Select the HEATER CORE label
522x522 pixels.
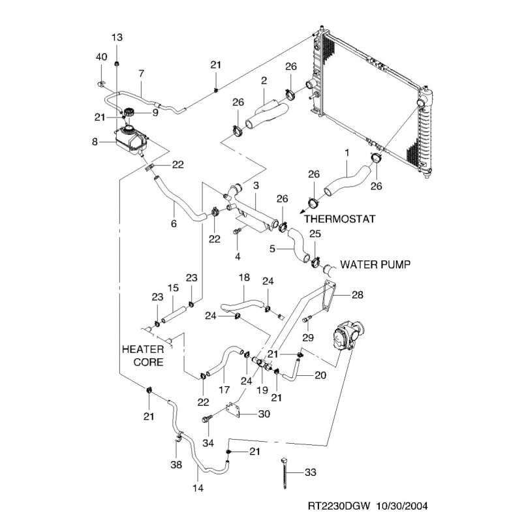point(142,355)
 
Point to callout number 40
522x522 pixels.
point(101,57)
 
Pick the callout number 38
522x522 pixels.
point(176,466)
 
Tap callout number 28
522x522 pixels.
point(358,294)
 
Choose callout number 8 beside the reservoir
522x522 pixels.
point(95,140)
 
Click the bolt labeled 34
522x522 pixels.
point(208,420)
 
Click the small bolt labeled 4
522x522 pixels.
point(238,232)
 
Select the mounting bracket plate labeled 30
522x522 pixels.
point(233,410)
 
